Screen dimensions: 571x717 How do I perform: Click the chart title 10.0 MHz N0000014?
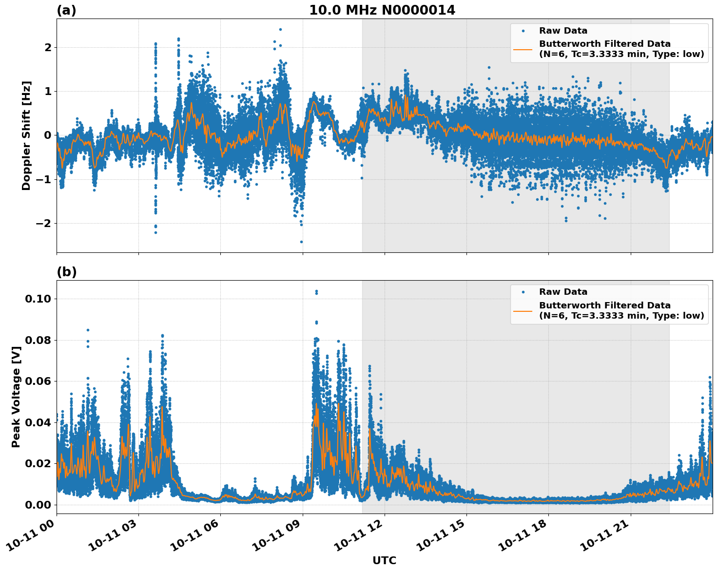click(382, 10)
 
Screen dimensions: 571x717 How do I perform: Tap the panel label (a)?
click(66, 10)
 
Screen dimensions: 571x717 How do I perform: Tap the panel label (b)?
click(66, 272)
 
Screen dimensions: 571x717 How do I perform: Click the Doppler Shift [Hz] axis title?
click(26, 135)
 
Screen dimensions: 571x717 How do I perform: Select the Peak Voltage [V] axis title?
click(16, 407)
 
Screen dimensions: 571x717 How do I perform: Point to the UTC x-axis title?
click(384, 560)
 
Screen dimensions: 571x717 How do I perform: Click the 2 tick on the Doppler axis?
click(48, 47)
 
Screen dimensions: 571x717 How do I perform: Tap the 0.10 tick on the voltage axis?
click(38, 299)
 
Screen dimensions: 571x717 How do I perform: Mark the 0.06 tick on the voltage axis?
click(38, 381)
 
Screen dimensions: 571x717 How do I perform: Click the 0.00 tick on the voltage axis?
click(38, 504)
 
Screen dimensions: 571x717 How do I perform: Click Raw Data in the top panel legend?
click(563, 31)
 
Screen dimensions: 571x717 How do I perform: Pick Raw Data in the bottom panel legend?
click(563, 292)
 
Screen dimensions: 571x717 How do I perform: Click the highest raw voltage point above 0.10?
click(316, 291)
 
